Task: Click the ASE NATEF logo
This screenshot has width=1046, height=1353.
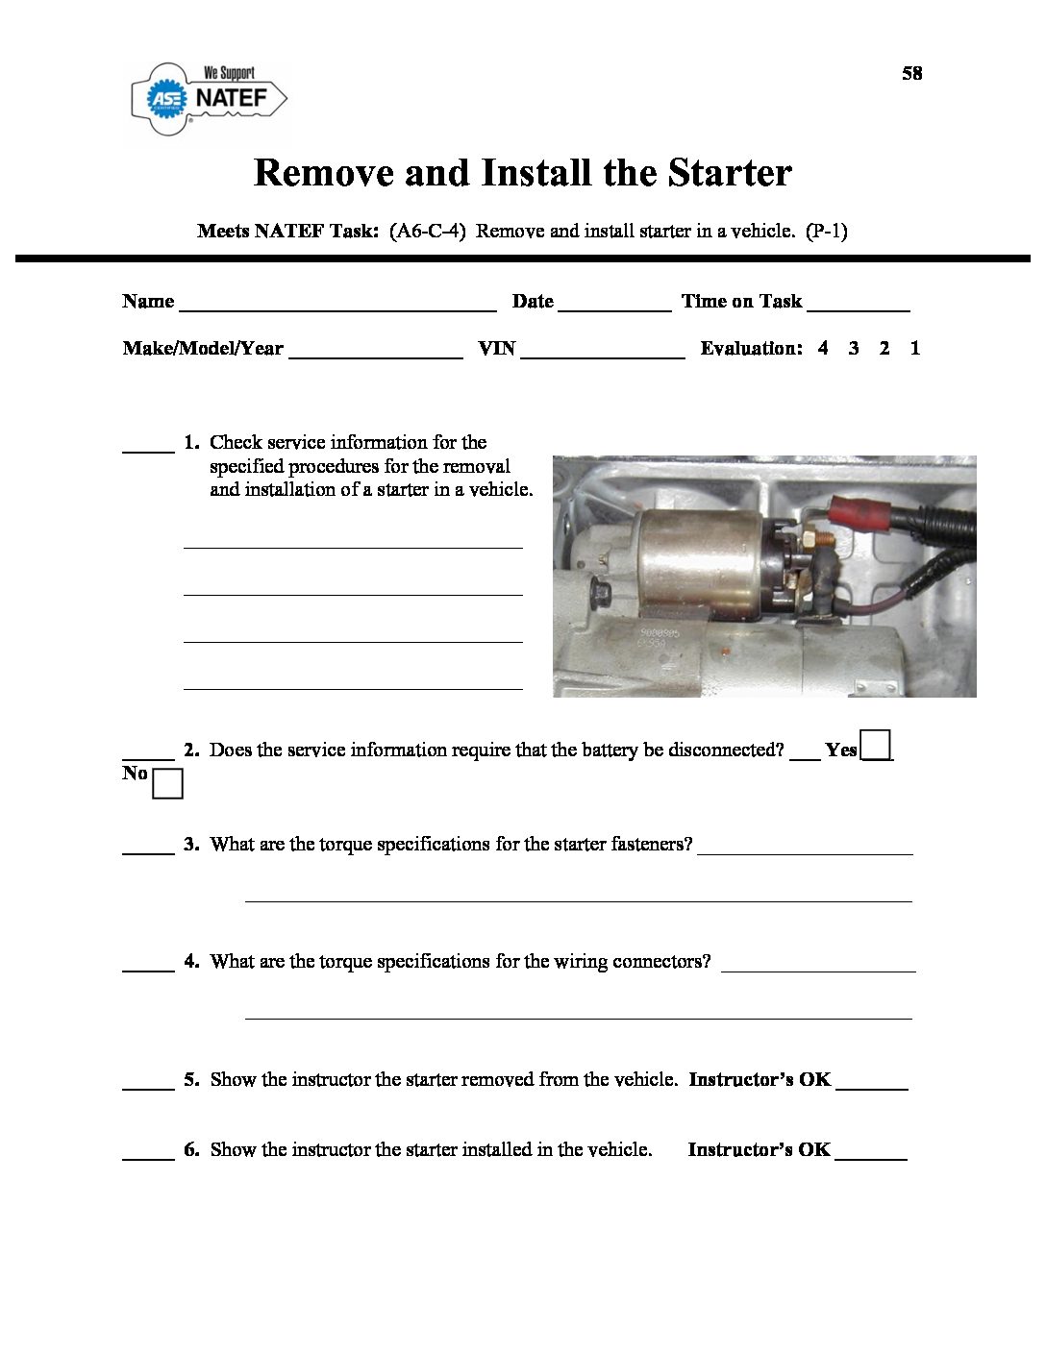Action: pyautogui.click(x=210, y=97)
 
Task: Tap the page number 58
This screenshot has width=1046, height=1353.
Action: pyautogui.click(x=911, y=73)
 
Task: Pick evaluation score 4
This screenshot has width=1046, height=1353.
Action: pyautogui.click(x=823, y=349)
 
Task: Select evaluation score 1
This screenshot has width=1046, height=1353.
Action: pyautogui.click(x=915, y=349)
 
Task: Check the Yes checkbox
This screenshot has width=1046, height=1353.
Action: pyautogui.click(x=876, y=746)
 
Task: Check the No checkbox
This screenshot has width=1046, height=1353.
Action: pyautogui.click(x=167, y=784)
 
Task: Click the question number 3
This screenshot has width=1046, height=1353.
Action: pyautogui.click(x=191, y=845)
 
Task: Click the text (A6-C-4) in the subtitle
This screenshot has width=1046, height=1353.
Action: pyautogui.click(x=428, y=231)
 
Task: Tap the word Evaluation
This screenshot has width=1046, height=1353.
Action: pyautogui.click(x=751, y=349)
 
